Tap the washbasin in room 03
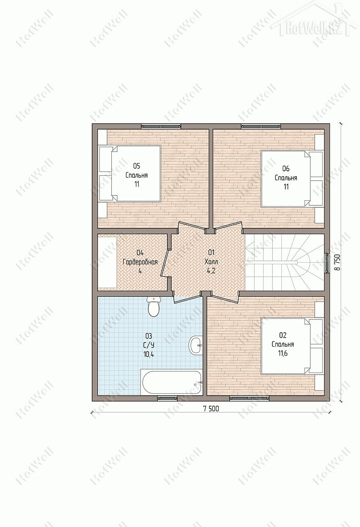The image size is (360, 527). tap(195, 344)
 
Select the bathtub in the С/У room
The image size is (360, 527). tap(172, 383)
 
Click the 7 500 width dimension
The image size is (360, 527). tap(211, 409)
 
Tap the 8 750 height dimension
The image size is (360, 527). tap(337, 262)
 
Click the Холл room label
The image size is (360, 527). tap(211, 262)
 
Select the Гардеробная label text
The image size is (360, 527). tap(140, 262)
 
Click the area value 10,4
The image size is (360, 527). tap(148, 354)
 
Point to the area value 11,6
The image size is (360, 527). tap(283, 353)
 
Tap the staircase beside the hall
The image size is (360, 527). tap(285, 262)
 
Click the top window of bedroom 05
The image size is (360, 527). tap(161, 126)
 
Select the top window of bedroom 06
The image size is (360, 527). tap(261, 126)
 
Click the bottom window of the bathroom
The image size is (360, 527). tap(167, 398)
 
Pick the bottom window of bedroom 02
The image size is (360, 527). tap(250, 398)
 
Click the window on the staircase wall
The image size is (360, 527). tap(327, 263)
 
